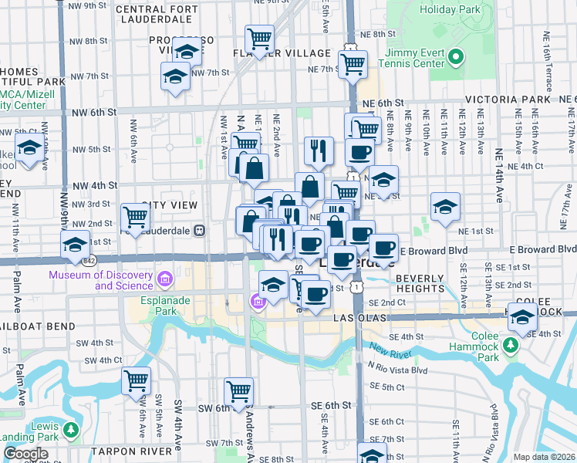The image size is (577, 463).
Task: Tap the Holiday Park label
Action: (x=449, y=10)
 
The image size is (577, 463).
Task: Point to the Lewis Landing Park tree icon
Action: (x=70, y=429)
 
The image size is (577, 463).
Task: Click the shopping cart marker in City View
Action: (x=135, y=217)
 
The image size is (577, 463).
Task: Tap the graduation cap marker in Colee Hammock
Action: (x=522, y=317)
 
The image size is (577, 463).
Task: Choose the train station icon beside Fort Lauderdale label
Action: (x=199, y=229)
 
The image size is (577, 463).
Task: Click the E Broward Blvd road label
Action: (x=438, y=250)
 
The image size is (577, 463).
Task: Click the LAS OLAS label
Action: (x=357, y=318)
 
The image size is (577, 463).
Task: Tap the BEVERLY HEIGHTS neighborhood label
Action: (x=420, y=282)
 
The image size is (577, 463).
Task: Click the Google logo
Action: (x=25, y=454)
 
